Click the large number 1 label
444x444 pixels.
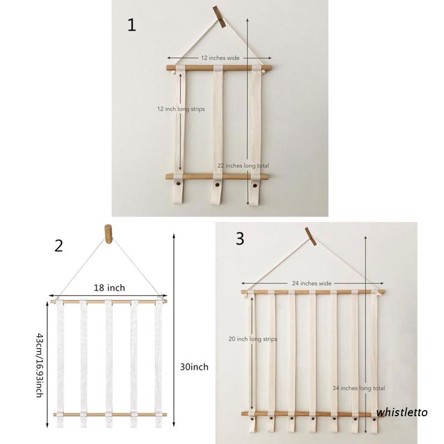pyautogui.click(x=132, y=26)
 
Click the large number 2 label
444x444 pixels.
pyautogui.click(x=59, y=245)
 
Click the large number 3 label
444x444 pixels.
pyautogui.click(x=240, y=239)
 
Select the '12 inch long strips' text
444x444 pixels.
pyautogui.click(x=180, y=109)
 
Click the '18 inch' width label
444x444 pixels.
pyautogui.click(x=109, y=287)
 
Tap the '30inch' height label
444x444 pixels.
pyautogui.click(x=194, y=367)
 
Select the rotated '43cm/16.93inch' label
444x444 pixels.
pyautogui.click(x=39, y=364)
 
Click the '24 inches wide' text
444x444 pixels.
pyautogui.click(x=312, y=283)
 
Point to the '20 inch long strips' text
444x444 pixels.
pyautogui.click(x=253, y=339)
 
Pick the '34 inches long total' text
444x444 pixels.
pyautogui.click(x=359, y=388)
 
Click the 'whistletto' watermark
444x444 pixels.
pyautogui.click(x=402, y=412)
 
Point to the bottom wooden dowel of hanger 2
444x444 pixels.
pyautogui.click(x=109, y=415)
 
